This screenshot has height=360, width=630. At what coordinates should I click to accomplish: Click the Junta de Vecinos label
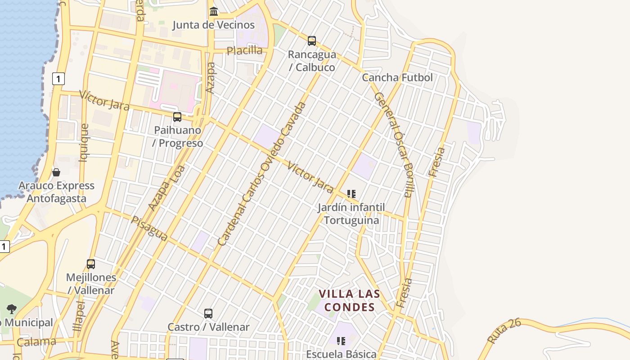click(x=214, y=25)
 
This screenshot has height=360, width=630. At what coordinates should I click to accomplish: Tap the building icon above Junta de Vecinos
click(x=214, y=11)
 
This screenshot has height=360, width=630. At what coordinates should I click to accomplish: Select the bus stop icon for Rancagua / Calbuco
click(x=312, y=41)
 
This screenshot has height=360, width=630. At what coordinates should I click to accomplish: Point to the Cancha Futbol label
click(x=397, y=77)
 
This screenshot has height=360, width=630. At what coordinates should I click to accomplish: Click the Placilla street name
click(x=244, y=50)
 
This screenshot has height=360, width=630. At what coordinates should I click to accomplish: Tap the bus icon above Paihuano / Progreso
click(x=177, y=117)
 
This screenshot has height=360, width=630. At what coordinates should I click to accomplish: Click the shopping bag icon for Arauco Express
click(x=56, y=172)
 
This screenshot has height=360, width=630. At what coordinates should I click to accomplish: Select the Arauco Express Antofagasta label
click(x=56, y=192)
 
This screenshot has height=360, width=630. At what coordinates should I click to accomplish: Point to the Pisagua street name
click(x=149, y=228)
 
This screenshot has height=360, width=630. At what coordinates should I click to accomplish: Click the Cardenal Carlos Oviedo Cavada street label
click(x=261, y=174)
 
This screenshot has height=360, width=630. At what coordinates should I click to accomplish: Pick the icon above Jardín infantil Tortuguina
click(x=351, y=194)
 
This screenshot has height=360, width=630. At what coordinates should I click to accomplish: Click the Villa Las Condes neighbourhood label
click(x=350, y=301)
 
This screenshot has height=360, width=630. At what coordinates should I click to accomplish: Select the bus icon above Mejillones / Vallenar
click(x=91, y=264)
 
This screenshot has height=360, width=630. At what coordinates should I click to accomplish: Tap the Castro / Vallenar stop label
click(x=208, y=327)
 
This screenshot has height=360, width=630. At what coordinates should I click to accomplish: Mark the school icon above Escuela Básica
click(x=341, y=341)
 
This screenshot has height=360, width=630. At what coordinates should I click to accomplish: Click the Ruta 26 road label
click(x=504, y=331)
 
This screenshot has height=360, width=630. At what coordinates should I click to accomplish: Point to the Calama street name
click(x=36, y=342)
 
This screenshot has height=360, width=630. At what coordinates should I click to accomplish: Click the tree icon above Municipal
click(x=12, y=309)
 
